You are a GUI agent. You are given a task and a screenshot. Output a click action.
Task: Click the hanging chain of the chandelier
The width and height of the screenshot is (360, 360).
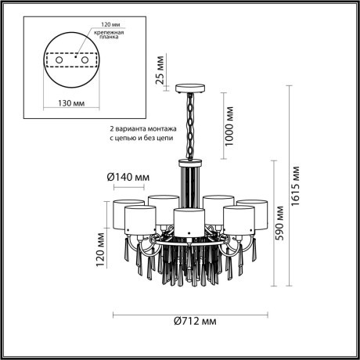(x=190, y=125)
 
